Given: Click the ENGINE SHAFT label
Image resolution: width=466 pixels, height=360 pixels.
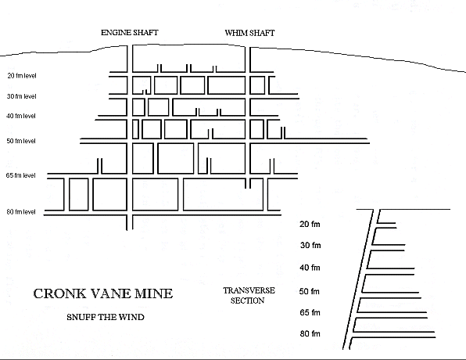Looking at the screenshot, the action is tap(130, 32).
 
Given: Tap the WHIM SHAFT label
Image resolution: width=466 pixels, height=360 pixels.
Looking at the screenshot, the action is tap(249, 33).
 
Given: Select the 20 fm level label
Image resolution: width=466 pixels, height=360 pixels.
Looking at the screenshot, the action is tap(22, 76).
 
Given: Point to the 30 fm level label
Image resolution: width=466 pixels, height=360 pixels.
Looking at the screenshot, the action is tap(21, 96).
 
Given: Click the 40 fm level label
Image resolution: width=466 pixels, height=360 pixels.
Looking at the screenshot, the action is tap(21, 116).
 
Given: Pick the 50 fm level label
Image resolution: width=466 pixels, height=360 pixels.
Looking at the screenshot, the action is tap(21, 141).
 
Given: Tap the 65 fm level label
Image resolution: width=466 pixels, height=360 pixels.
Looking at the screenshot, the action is tap(20, 175).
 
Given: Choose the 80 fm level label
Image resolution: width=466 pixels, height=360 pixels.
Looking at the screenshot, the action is tap(21, 212).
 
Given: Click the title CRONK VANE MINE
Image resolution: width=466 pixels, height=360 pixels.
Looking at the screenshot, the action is tap(103, 293).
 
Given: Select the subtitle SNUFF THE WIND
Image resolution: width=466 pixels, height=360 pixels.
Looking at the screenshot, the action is tap(106, 317).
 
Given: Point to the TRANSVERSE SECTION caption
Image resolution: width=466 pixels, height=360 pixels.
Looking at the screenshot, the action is tap(249, 295).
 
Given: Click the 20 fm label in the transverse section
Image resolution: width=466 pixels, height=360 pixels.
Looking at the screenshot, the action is tap(310, 224).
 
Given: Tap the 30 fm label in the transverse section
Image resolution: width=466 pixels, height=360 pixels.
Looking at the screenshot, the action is tap(310, 245).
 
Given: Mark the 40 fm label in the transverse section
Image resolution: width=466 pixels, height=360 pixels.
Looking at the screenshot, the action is tap(310, 268).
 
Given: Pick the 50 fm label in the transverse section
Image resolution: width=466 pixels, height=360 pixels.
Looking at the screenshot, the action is tap(310, 291).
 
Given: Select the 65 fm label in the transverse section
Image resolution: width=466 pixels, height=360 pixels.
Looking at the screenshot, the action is tap(310, 312).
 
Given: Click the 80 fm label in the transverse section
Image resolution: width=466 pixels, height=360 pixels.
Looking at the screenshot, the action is tap(310, 333).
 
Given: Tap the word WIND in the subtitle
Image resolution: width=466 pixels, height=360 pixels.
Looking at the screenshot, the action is tap(131, 317).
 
